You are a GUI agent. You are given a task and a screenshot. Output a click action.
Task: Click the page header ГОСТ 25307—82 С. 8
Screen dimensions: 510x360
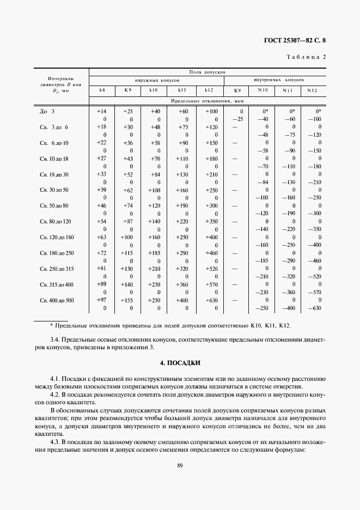(298, 40)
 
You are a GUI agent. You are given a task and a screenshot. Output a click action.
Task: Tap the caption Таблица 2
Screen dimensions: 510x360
(306, 57)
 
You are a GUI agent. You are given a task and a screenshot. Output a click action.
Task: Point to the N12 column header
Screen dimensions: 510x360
(312, 90)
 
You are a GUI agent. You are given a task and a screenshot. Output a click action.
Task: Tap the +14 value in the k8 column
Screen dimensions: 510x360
(101, 111)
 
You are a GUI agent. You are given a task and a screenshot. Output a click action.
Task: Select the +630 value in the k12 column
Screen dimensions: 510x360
(211, 300)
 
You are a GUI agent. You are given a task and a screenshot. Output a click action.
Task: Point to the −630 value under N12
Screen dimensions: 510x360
(314, 308)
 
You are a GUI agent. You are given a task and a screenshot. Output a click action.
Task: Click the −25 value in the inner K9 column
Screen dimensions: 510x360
(237, 119)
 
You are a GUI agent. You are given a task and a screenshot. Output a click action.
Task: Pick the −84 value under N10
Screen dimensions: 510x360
(263, 182)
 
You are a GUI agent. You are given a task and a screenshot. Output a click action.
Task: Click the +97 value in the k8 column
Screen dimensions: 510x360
(101, 300)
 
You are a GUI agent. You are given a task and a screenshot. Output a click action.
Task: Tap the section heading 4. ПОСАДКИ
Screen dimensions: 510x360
(180, 363)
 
